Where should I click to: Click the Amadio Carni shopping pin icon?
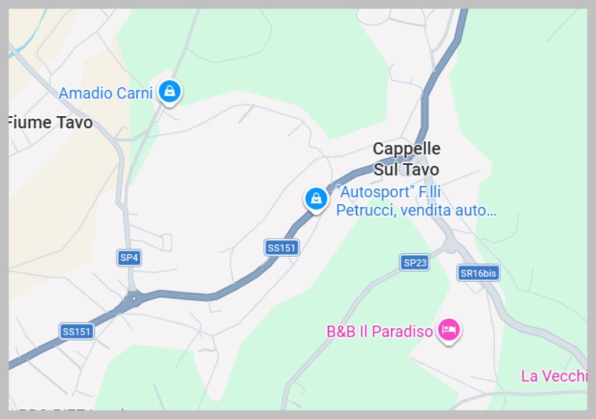pyautogui.click(x=169, y=91)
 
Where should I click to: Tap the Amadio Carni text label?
pyautogui.click(x=105, y=93)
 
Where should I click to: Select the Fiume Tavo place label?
pyautogui.click(x=50, y=123)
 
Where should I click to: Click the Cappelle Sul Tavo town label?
pyautogui.click(x=406, y=159)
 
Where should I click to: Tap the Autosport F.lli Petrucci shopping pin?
pyautogui.click(x=315, y=198)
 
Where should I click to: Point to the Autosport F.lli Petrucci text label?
pyautogui.click(x=416, y=201)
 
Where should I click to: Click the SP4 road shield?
pyautogui.click(x=129, y=258)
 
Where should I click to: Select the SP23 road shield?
pyautogui.click(x=414, y=262)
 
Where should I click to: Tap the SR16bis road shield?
pyautogui.click(x=478, y=273)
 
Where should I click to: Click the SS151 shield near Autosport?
pyautogui.click(x=282, y=248)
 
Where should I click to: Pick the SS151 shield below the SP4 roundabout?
pyautogui.click(x=77, y=332)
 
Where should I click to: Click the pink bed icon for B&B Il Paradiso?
pyautogui.click(x=448, y=330)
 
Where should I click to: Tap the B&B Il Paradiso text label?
pyautogui.click(x=379, y=332)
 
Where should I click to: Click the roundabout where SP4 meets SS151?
pyautogui.click(x=133, y=299)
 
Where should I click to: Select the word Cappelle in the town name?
pyautogui.click(x=406, y=149)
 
